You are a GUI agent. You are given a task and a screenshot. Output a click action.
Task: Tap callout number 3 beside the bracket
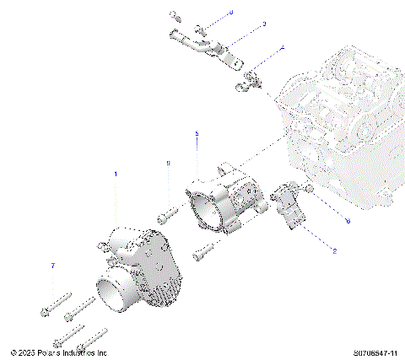point(263,24)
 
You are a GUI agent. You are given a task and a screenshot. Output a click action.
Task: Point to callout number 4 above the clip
point(282,49)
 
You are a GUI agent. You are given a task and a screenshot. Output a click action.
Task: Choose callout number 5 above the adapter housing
point(197,133)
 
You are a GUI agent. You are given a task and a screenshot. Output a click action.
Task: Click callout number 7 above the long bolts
point(52,266)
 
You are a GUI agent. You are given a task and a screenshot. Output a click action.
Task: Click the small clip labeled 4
point(250,80)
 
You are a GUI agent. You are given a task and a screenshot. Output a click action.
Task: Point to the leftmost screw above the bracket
point(174,15)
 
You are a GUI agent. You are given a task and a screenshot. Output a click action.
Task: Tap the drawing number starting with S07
point(376,352)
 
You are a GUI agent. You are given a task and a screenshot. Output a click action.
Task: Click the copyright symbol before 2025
point(13,352)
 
